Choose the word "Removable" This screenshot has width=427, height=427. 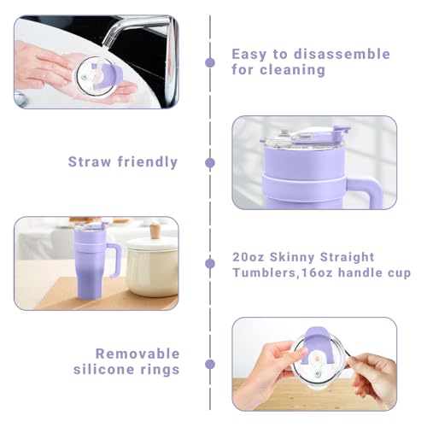137,353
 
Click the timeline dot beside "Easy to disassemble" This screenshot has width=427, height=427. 210,61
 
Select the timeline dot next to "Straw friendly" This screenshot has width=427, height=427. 210,161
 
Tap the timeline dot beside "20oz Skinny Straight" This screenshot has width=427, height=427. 210,264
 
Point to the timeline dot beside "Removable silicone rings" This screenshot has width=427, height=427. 210,363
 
